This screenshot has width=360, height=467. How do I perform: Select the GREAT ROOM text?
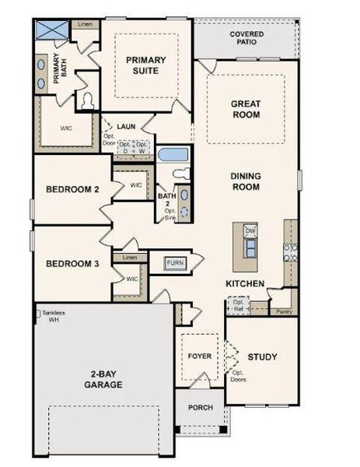click(x=245, y=109)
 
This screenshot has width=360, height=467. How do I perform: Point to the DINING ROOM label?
click(x=246, y=182)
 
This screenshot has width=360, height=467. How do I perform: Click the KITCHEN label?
click(x=245, y=283)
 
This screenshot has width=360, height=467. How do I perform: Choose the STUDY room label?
click(x=262, y=357)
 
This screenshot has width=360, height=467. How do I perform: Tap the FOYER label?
click(x=200, y=356)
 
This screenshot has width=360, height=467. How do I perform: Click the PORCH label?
click(x=201, y=407)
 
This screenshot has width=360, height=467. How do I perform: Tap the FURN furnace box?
click(x=175, y=263)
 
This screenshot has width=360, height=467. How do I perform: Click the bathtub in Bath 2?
click(x=173, y=153)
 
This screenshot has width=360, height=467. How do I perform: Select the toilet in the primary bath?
click(x=88, y=100)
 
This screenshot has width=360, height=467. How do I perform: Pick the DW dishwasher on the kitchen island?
click(x=250, y=231)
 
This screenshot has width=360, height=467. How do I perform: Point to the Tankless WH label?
click(x=54, y=315)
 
